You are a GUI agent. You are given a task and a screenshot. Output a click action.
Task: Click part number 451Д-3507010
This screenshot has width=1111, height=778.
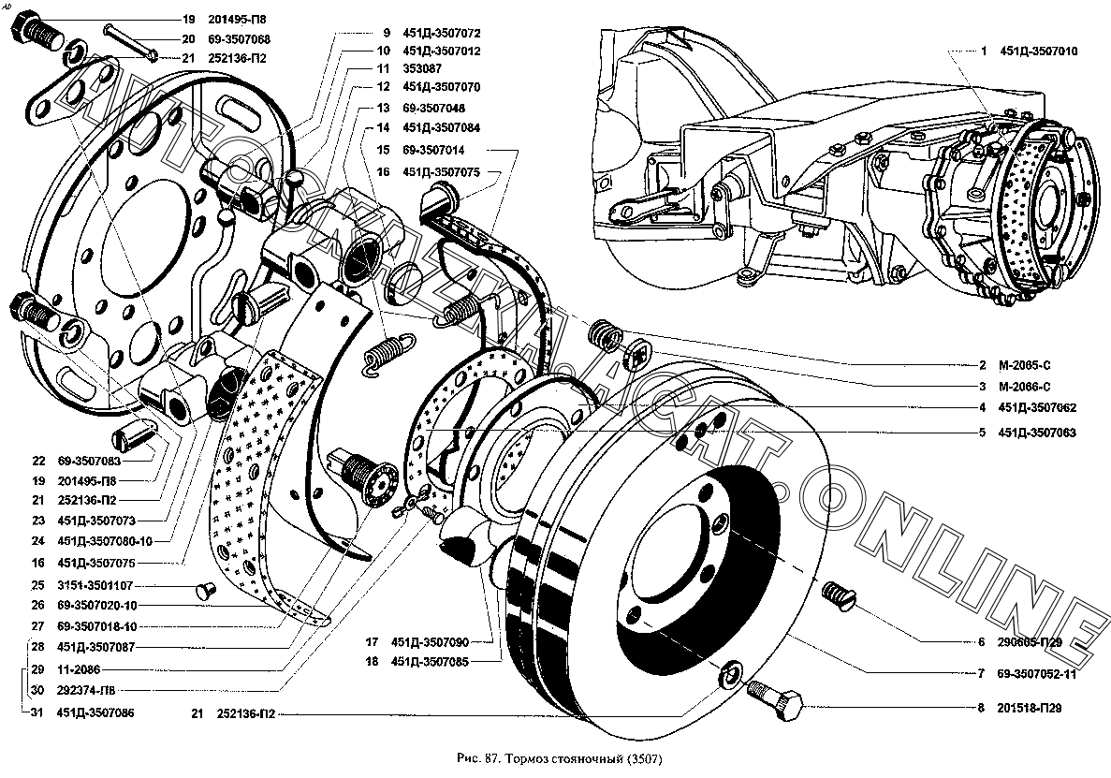click(x=1038, y=51)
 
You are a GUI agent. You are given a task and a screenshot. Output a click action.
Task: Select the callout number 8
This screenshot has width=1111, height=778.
click(x=981, y=708)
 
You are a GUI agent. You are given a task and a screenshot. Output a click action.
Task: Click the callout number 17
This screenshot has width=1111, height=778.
click(x=372, y=641)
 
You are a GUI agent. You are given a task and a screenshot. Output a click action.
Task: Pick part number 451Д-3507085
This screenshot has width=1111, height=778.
click(x=431, y=661)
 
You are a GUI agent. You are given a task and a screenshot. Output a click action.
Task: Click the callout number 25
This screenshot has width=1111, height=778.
click(x=37, y=584)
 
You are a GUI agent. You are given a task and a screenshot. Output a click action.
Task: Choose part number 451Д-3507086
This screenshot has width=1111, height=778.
click(x=95, y=712)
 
